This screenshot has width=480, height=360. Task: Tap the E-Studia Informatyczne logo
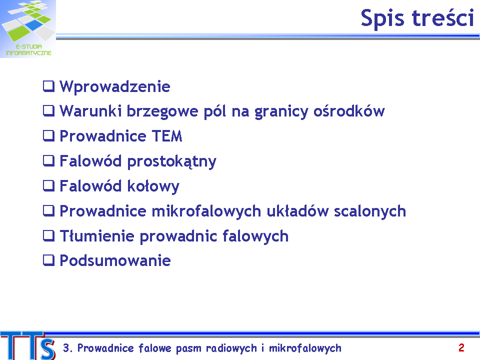[28, 29]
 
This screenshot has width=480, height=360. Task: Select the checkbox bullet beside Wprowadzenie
[48, 86]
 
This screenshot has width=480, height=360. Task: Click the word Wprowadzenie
[115, 86]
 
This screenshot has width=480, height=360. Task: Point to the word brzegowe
[162, 111]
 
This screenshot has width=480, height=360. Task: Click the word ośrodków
[349, 110]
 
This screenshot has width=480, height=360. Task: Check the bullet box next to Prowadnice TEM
[48, 136]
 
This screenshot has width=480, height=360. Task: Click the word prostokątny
[171, 161]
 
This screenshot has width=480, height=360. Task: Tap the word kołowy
[153, 186]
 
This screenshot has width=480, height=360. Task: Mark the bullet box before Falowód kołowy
[48, 186]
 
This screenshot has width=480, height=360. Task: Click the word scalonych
[370, 211]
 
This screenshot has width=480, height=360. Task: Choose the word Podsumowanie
[115, 261]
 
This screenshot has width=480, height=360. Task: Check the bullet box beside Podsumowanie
[48, 260]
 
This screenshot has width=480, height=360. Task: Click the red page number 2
[461, 348]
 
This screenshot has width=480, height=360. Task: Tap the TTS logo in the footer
[28, 345]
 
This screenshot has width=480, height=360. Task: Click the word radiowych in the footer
[231, 348]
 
